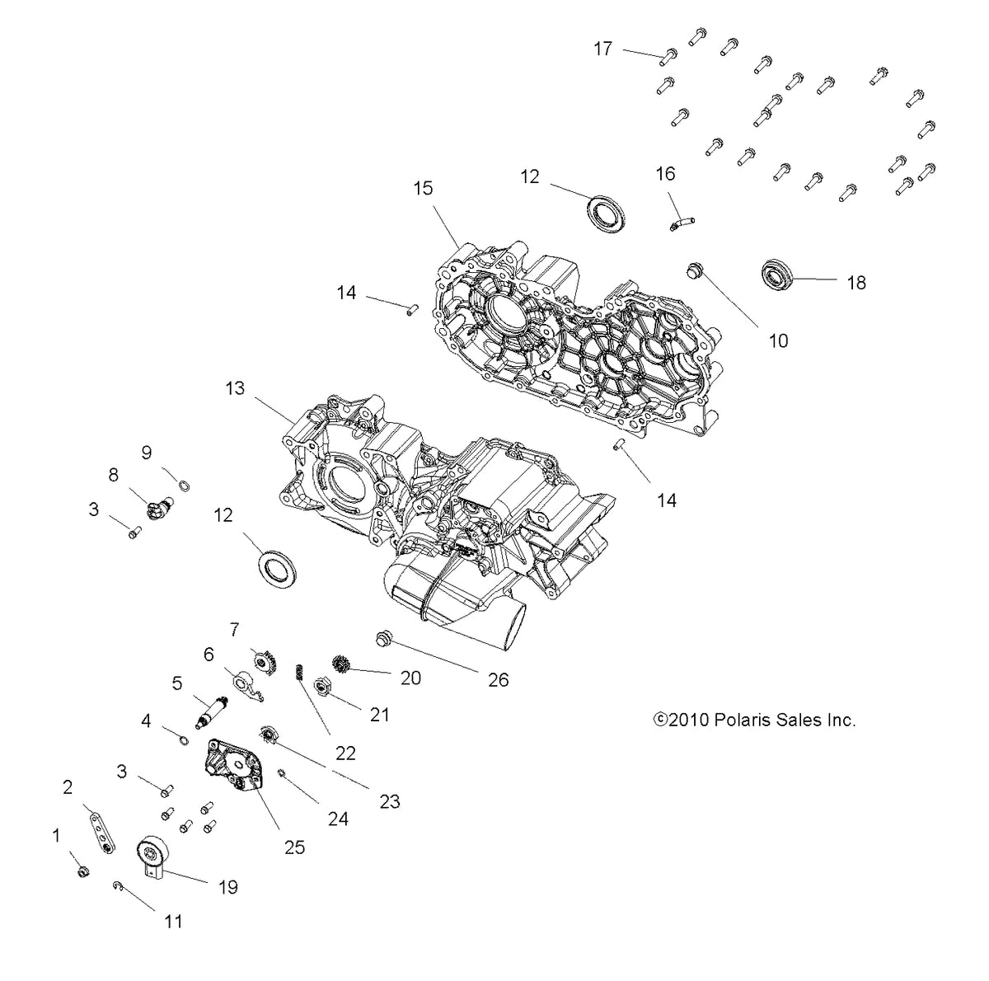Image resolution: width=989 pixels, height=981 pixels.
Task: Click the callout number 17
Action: coord(603,49)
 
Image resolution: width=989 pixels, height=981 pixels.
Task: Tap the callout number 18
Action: coord(856,283)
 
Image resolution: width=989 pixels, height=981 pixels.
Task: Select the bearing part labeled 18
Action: coord(776,272)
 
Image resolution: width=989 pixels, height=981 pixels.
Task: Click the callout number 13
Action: coord(236,387)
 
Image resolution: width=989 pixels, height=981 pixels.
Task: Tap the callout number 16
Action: coord(665,174)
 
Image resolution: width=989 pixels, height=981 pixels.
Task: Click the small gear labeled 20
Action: coord(342,663)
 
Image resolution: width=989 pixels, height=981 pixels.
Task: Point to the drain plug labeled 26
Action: coord(382,637)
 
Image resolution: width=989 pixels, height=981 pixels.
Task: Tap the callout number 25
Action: coord(294,847)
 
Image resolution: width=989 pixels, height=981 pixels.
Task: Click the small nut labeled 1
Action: coord(82,871)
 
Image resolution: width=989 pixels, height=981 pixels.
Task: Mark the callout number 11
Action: coord(173,921)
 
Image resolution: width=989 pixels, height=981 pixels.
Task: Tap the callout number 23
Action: coord(389,800)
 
